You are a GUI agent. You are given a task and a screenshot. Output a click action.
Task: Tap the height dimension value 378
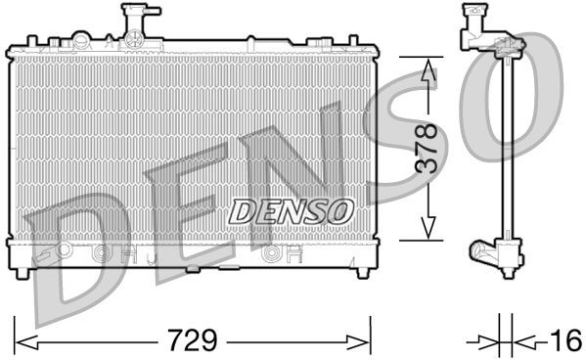[424, 149]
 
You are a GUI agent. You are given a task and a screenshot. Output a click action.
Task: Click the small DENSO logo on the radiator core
[292, 208]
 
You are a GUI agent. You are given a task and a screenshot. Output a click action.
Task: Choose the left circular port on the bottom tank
[98, 253]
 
